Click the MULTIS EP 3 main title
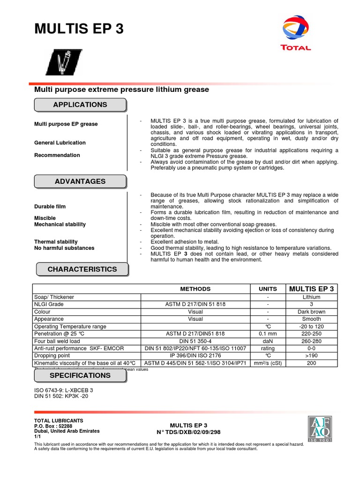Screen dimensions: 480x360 click(79, 29)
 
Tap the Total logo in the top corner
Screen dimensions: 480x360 click(295, 33)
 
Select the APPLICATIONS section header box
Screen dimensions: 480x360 click(80, 105)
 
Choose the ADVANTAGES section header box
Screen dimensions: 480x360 click(80, 181)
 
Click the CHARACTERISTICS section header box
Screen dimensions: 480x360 click(82, 270)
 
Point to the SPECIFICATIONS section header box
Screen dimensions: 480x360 click(80, 376)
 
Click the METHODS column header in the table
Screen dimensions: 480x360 click(195, 289)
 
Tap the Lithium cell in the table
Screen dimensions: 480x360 click(311, 297)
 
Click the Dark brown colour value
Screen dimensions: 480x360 click(311, 312)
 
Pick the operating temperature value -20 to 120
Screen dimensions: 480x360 click(311, 326)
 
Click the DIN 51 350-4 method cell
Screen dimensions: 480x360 click(195, 341)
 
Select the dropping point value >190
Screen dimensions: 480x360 click(311, 356)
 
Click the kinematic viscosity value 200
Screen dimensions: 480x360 click(311, 363)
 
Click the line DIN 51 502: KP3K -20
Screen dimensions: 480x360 click(61, 397)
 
